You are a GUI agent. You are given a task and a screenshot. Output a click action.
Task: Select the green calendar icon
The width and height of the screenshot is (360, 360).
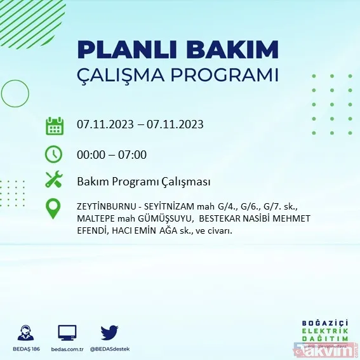coord(54,125)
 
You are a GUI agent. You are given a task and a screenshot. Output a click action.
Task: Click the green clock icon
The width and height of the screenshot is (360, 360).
coord(54,154)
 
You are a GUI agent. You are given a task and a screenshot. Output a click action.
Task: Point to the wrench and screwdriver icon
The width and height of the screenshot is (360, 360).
coord(54,181)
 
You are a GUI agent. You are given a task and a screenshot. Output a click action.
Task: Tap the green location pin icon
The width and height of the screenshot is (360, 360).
coord(54,209)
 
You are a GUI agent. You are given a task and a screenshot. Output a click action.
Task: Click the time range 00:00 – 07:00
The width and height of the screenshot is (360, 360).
coord(111,154)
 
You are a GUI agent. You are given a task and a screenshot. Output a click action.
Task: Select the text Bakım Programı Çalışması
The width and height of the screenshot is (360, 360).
coord(143,182)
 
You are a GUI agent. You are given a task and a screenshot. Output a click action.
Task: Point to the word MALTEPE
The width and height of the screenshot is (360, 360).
coord(95,219)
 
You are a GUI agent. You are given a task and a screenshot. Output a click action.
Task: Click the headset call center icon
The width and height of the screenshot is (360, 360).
coord(25,333)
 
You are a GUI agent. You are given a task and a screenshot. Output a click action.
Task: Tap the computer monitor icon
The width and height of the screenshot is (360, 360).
coord(67,332)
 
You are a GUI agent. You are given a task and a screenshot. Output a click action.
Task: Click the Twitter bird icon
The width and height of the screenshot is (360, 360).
coord(110,332)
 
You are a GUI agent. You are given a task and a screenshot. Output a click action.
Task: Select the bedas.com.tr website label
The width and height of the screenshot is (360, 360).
coord(67,349)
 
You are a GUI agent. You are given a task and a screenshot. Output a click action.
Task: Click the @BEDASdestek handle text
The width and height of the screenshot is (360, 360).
coord(110,349)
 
